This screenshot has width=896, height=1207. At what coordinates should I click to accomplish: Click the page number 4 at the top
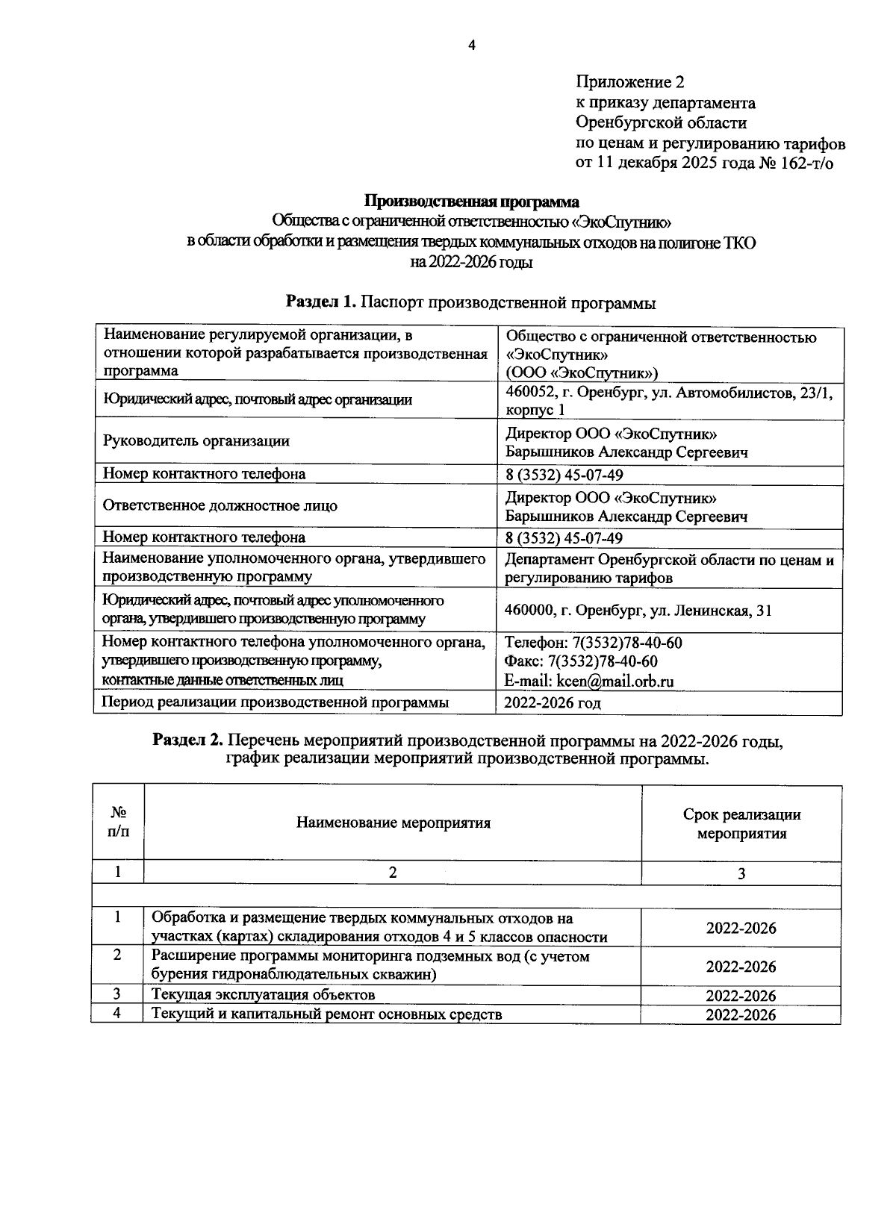(x=471, y=46)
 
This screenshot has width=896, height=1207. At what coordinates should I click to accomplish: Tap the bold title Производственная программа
(x=471, y=202)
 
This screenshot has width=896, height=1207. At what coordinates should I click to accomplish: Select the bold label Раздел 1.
(x=322, y=303)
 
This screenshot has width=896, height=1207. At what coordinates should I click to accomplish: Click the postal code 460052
(x=530, y=392)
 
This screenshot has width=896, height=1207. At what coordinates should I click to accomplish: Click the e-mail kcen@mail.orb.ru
(x=589, y=681)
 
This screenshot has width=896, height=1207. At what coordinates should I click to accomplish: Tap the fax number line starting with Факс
(x=581, y=662)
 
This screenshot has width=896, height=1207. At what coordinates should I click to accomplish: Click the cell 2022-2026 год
(x=553, y=702)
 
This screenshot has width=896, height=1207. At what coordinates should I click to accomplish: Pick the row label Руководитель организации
(x=196, y=441)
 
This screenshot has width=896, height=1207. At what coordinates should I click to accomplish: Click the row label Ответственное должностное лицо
(x=220, y=505)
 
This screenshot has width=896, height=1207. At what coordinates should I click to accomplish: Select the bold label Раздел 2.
(x=187, y=740)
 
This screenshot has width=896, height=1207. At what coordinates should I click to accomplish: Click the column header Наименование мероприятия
(x=393, y=823)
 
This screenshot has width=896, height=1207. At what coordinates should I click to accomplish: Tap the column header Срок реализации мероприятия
(x=741, y=824)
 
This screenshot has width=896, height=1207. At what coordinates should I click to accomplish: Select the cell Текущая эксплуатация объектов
(x=263, y=994)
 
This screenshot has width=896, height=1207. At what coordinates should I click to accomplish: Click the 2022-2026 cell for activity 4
(x=741, y=1015)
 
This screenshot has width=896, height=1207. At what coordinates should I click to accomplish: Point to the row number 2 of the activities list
(x=117, y=956)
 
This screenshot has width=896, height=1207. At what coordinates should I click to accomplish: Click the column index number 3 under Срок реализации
(x=741, y=873)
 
